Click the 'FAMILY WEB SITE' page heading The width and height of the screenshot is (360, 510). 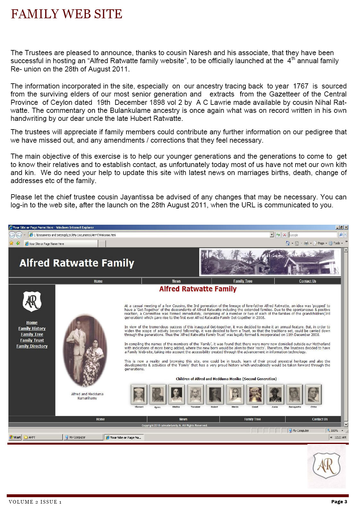pos(66,14)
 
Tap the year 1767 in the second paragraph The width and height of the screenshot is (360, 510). pos(301,86)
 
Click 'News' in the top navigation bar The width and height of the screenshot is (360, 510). pos(176,281)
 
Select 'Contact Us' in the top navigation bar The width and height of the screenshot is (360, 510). pos(307,281)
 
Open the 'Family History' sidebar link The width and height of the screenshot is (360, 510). pos(32,329)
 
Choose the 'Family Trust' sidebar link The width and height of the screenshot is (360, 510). pos(32,340)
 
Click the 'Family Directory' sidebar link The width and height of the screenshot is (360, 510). pos(32,346)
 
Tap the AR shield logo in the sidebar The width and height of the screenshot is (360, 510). pos(32,301)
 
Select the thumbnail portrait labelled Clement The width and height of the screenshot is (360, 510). pos(139,394)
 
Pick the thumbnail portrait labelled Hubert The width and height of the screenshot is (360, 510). pos(214,394)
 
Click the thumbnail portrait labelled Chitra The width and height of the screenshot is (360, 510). pos(313,394)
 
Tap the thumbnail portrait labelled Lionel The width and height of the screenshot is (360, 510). pos(255,394)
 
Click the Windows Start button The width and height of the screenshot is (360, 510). pos(15,437)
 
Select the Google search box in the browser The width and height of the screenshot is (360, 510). pos(313,235)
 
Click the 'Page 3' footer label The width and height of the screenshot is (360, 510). pos(339,502)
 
